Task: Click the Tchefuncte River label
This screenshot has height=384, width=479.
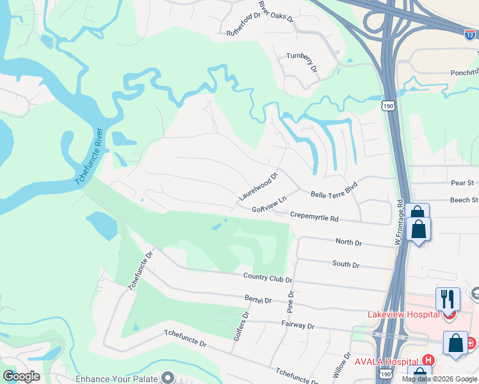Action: [x=89, y=157]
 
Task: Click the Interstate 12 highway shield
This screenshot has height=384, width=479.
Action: [x=471, y=36]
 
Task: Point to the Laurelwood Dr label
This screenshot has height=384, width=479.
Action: [x=258, y=186]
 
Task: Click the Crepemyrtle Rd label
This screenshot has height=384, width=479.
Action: [x=314, y=217]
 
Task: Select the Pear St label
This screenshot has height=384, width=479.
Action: [x=461, y=183]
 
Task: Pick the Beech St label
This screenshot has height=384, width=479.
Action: [x=464, y=200]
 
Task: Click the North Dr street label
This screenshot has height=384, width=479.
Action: [x=349, y=243]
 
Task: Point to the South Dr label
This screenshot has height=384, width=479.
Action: [x=346, y=264]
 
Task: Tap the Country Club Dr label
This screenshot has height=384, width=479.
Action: [x=268, y=278]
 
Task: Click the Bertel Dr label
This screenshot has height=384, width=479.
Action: [x=258, y=300]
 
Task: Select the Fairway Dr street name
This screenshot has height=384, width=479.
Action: [x=298, y=326]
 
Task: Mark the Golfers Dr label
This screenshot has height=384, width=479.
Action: [x=241, y=325]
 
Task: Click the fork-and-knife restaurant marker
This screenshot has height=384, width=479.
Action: [x=448, y=298]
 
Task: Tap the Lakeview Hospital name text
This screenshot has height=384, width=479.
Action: [x=403, y=314]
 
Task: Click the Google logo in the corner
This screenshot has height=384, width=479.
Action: [x=22, y=376]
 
